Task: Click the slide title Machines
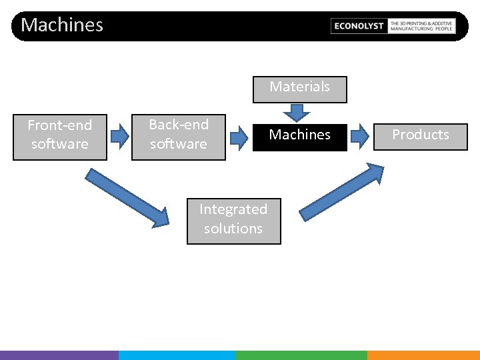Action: pos(62,25)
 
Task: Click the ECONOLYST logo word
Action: pos(359,26)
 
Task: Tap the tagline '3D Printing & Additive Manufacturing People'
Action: pos(421,26)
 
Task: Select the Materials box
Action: pos(299,87)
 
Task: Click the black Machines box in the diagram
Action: pos(299,135)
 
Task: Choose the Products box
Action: pos(420,135)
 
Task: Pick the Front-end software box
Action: pos(60,135)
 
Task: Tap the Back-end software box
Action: pos(179,135)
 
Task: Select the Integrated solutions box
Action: pos(233,219)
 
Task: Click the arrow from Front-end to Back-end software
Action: pos(119,136)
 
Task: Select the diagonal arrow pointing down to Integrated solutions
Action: pos(127,197)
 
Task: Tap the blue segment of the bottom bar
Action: pos(177,355)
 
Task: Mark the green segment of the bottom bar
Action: pos(301,355)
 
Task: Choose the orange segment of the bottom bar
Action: pos(423,355)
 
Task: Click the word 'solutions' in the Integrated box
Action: pos(233,229)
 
